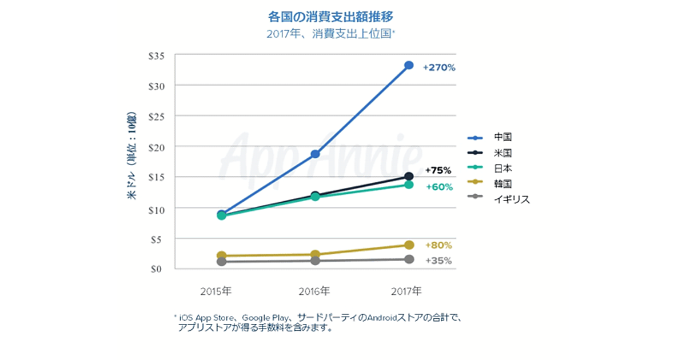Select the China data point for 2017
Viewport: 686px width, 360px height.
click(409, 65)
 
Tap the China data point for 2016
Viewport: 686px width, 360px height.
click(315, 154)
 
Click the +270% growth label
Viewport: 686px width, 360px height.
click(439, 67)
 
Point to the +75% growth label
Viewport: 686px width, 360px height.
click(438, 170)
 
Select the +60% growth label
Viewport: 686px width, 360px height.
click(439, 187)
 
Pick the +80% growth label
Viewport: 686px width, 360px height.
click(439, 245)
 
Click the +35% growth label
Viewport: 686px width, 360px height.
click(439, 261)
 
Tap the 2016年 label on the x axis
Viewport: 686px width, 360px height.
click(314, 291)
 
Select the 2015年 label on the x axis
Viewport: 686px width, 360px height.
click(216, 291)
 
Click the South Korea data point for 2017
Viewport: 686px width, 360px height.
click(409, 245)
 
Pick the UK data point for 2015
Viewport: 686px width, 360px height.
click(221, 262)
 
